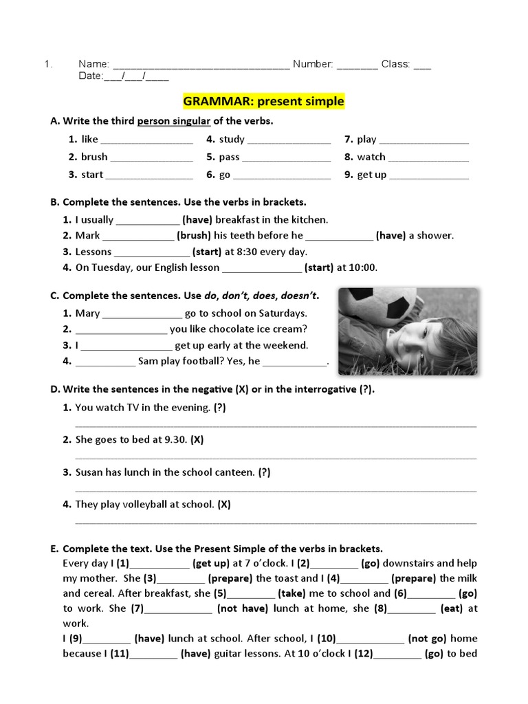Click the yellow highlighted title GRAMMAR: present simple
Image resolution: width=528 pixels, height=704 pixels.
tap(263, 102)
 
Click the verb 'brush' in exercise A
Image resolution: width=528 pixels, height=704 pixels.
tap(94, 157)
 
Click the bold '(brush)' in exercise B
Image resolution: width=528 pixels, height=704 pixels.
tap(193, 235)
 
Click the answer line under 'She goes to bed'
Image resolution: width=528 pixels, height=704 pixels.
tap(275, 456)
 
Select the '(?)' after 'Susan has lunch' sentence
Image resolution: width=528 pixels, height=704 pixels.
tap(265, 472)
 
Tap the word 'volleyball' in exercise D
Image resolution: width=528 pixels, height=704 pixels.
tap(146, 504)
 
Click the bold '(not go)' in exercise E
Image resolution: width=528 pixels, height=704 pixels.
tap(428, 639)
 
